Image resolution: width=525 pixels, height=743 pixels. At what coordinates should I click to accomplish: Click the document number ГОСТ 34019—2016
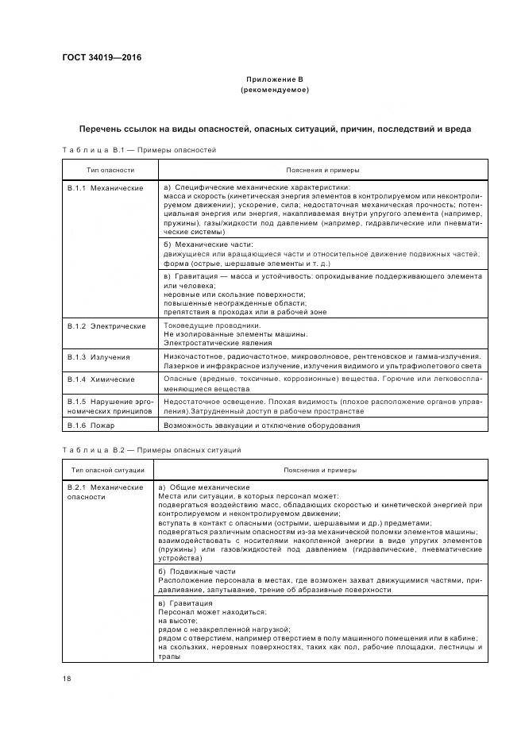tap(97, 58)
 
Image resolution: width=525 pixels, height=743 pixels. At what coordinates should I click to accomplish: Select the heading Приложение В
tap(274, 80)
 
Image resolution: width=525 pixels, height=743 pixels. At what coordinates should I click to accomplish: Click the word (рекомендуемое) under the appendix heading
tap(274, 90)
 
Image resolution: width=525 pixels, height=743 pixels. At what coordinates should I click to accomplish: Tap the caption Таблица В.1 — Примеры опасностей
tap(138, 149)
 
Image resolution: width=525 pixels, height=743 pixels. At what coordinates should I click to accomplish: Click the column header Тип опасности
tap(110, 170)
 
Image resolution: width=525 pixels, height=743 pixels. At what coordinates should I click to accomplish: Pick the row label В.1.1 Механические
tap(105, 188)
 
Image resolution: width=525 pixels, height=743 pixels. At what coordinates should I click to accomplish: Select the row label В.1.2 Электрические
tap(106, 325)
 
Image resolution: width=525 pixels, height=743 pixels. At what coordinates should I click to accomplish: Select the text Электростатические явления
tap(218, 343)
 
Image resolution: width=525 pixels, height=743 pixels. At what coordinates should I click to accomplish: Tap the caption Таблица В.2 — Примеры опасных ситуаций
tap(150, 450)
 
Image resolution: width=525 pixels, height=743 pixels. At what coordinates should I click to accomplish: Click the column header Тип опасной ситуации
tap(110, 470)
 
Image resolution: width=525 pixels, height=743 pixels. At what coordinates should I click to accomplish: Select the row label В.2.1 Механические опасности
tap(105, 491)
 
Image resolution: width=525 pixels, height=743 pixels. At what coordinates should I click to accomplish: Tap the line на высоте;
tap(178, 621)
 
